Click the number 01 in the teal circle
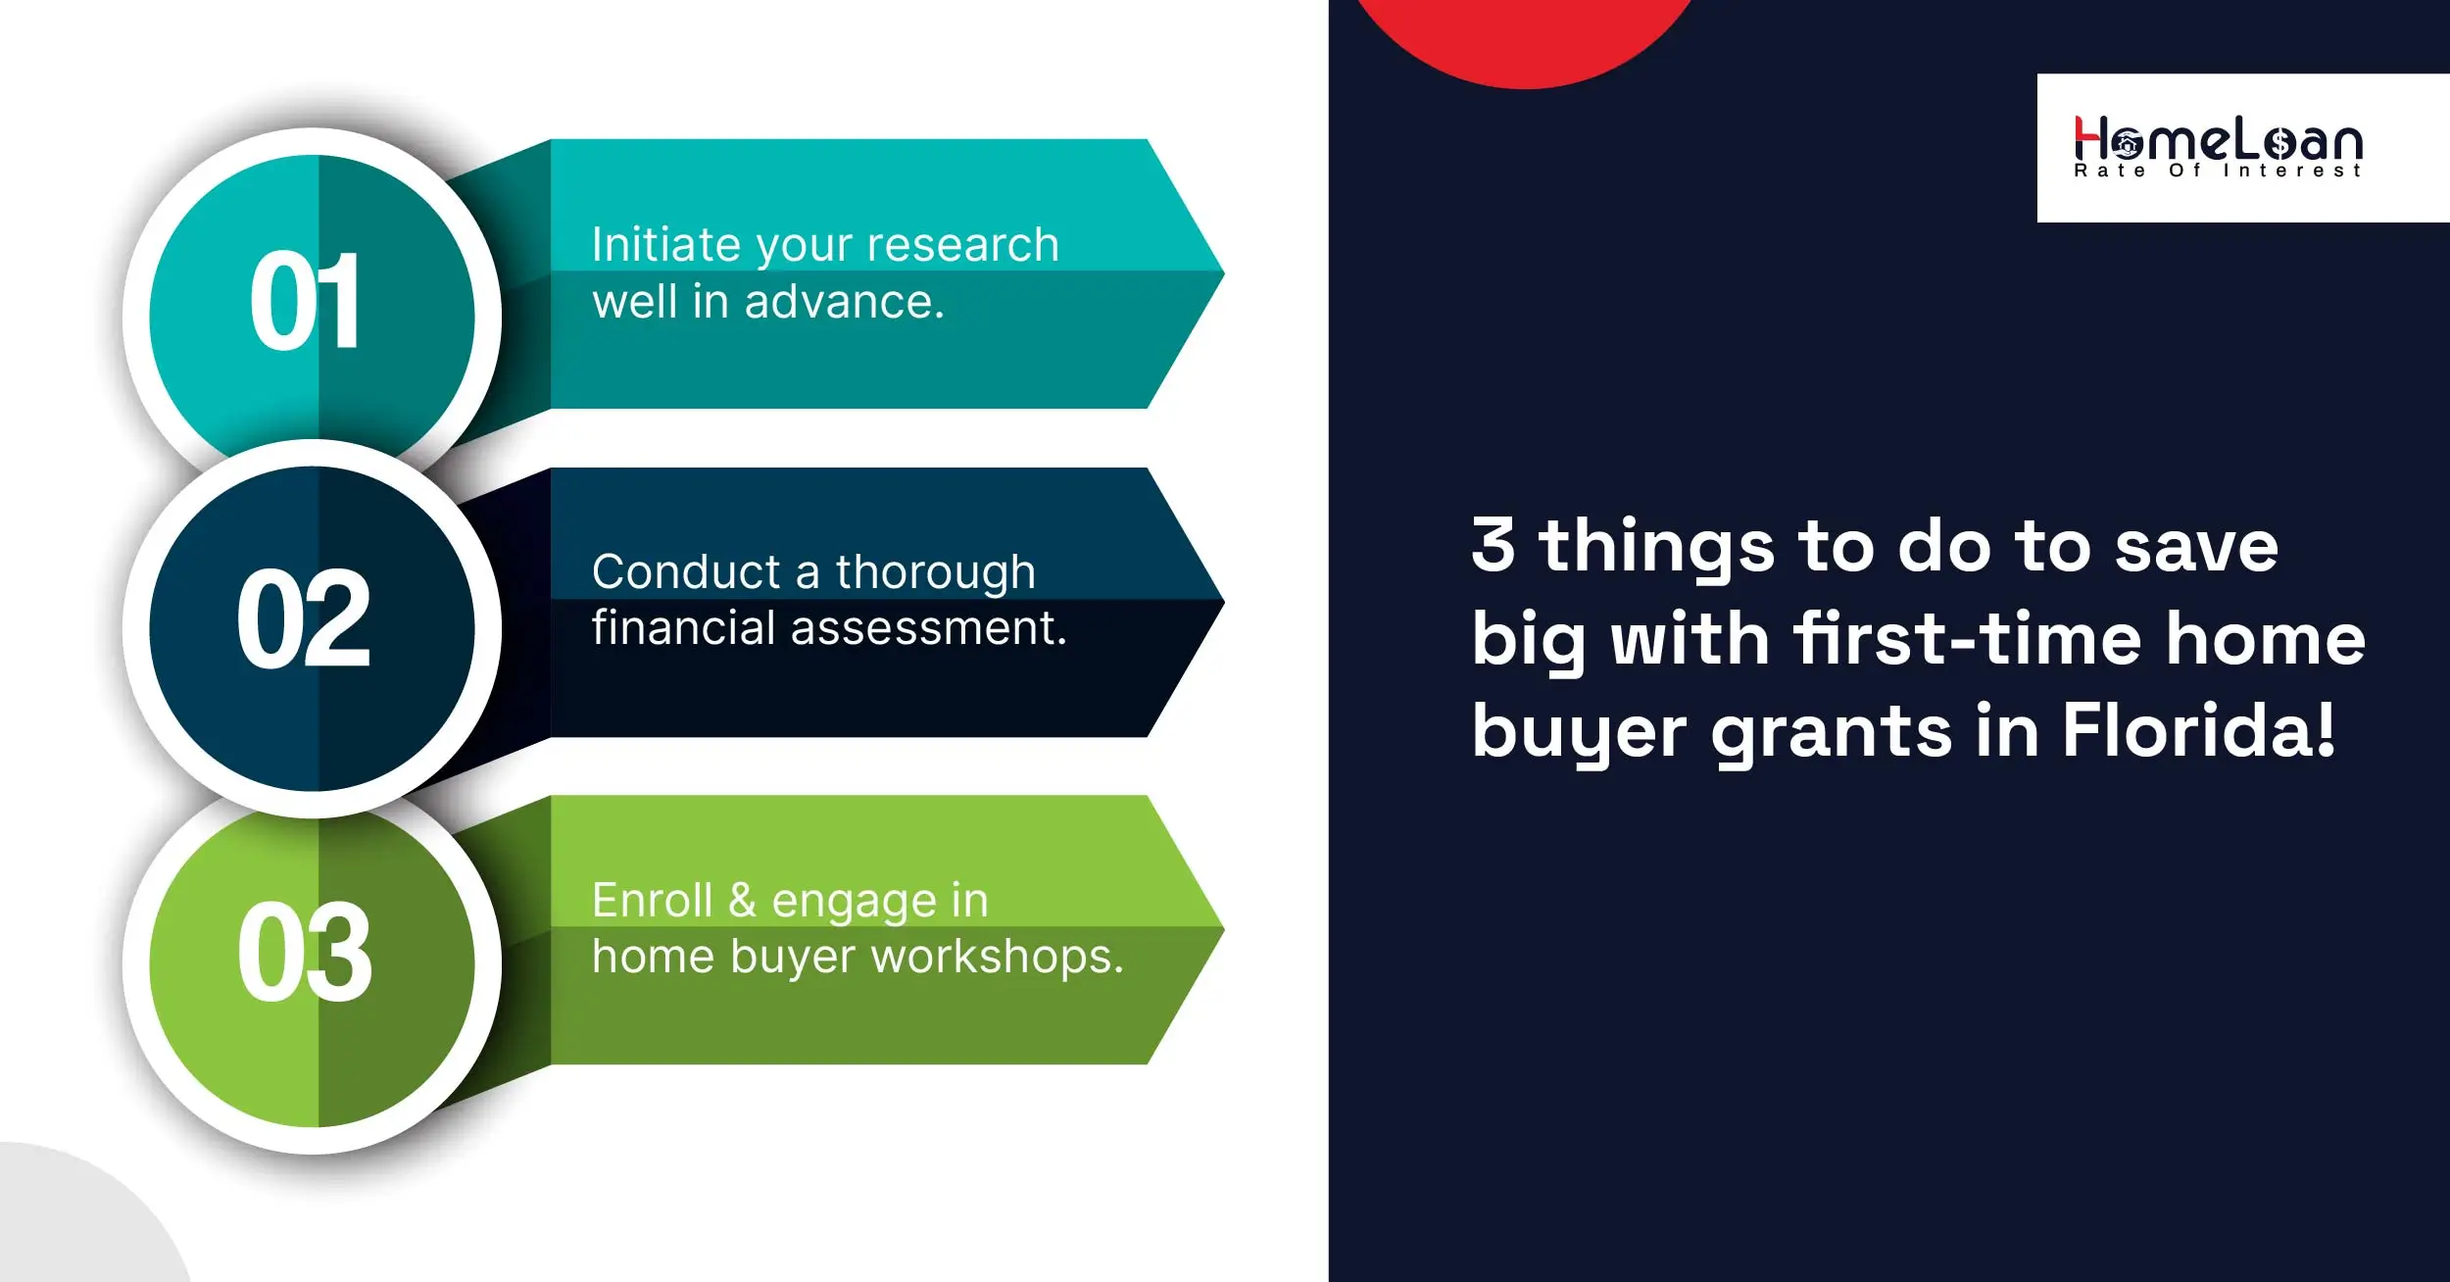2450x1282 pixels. click(x=305, y=301)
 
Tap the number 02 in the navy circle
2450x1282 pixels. click(x=304, y=619)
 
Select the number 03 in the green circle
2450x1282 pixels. click(x=305, y=953)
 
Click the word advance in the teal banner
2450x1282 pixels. click(x=844, y=302)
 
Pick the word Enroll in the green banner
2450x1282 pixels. click(x=652, y=901)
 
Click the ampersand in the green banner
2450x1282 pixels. click(x=742, y=901)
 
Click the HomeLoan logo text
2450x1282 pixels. click(x=2219, y=140)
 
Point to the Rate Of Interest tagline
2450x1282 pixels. click(x=2218, y=172)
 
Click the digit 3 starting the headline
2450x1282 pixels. click(x=1493, y=545)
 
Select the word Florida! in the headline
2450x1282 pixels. click(x=2199, y=730)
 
